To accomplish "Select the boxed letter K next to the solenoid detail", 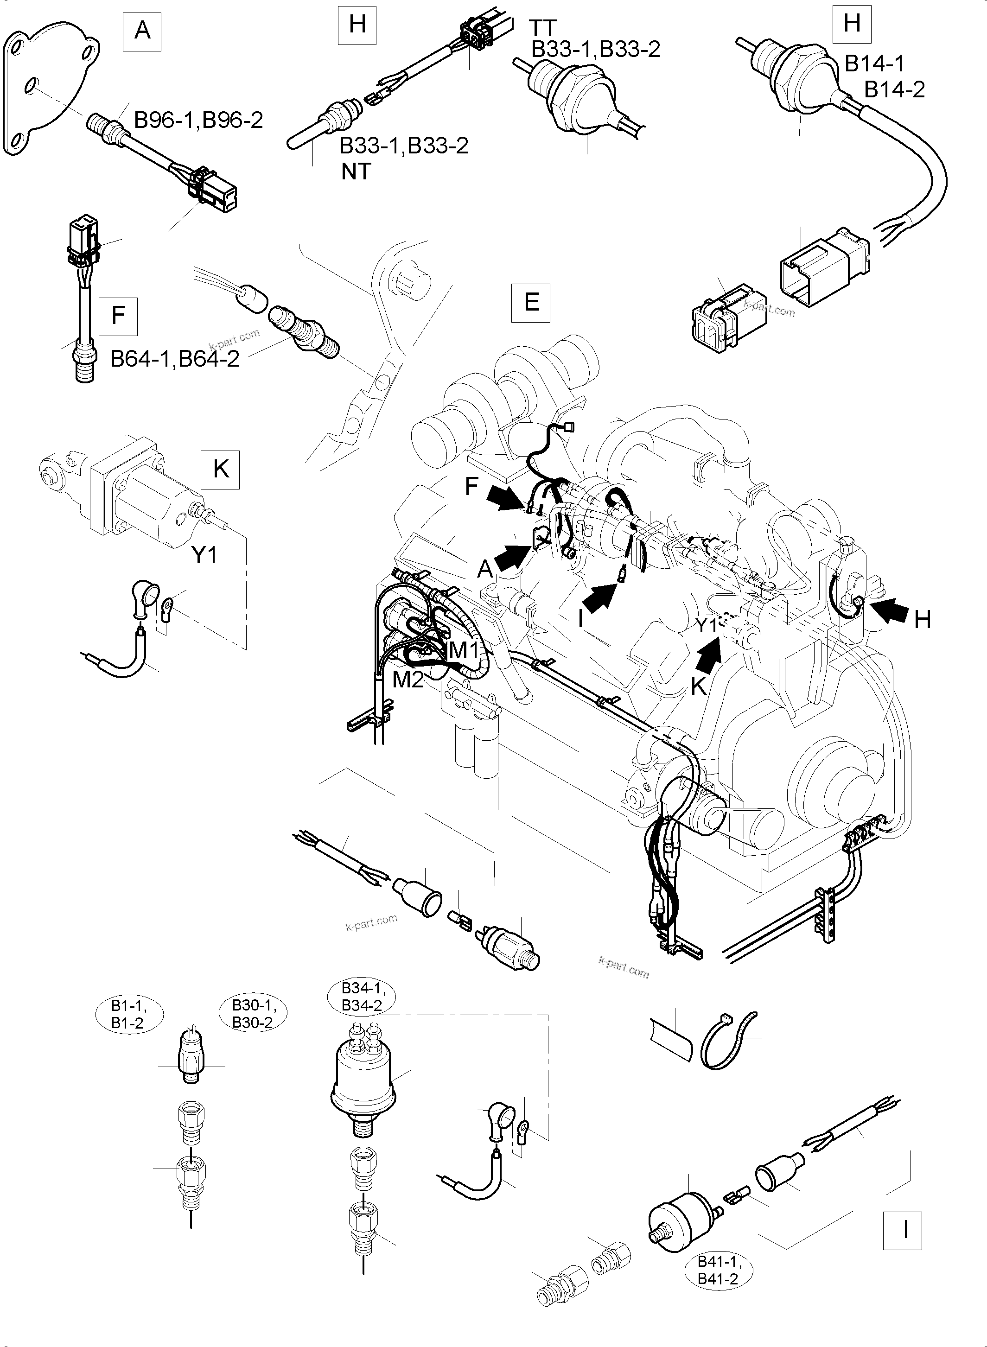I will click(x=221, y=470).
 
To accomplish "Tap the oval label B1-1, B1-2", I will click(x=128, y=1014).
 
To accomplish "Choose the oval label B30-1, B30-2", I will click(x=252, y=1014).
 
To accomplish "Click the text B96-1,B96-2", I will click(x=198, y=120).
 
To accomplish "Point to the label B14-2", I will click(x=894, y=89).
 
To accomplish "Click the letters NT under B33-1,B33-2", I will click(x=356, y=172).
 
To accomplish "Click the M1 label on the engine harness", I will click(x=464, y=650).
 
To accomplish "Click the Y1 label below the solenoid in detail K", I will click(x=204, y=555).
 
